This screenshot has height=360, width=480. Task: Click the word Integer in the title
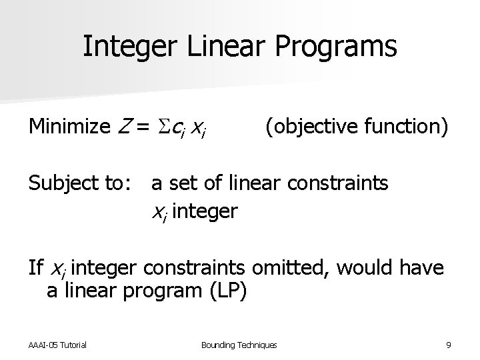click(x=124, y=47)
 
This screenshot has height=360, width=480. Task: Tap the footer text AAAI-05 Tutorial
click(x=59, y=344)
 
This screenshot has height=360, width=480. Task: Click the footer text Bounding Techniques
click(x=239, y=344)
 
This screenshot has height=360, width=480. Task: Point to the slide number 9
click(x=449, y=344)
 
